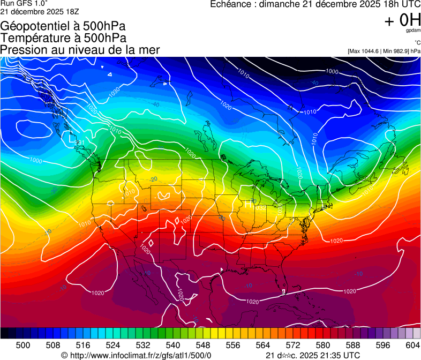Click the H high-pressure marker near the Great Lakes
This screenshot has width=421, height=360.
[x=249, y=204]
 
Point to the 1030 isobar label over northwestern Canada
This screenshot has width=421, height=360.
[x=114, y=92]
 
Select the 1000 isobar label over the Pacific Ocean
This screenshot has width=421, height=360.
[x=36, y=160]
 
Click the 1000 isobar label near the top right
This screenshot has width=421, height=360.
[x=332, y=71]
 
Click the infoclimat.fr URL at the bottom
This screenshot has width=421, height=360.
[x=140, y=355]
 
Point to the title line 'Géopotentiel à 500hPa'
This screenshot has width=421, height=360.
[x=63, y=26]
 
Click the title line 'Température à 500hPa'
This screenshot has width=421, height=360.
[x=63, y=38]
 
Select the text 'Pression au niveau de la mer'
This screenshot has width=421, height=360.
[x=80, y=50]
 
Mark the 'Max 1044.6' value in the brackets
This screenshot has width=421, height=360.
[x=364, y=51]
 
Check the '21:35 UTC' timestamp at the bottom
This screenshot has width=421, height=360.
[x=337, y=355]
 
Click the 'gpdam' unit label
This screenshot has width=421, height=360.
[x=413, y=31]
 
